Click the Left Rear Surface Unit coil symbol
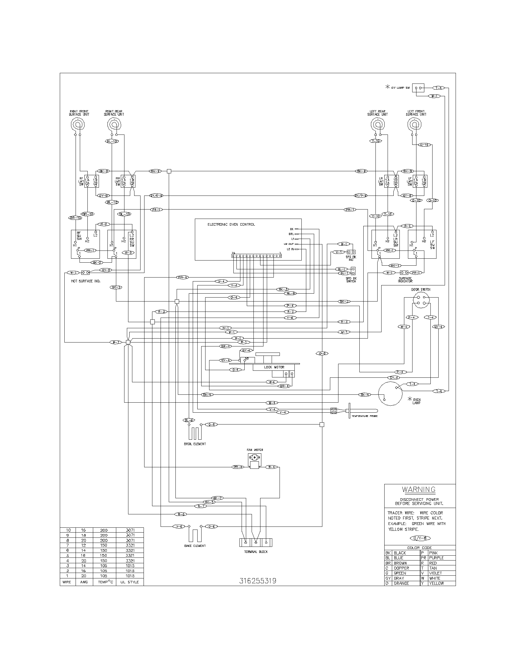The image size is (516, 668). pos(377,124)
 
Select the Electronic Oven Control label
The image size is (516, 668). pos(231,224)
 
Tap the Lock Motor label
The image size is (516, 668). pos(274,367)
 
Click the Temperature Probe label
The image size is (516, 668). pos(364,416)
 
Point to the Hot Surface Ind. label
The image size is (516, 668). pos(86,281)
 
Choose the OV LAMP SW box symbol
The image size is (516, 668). pos(418,88)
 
